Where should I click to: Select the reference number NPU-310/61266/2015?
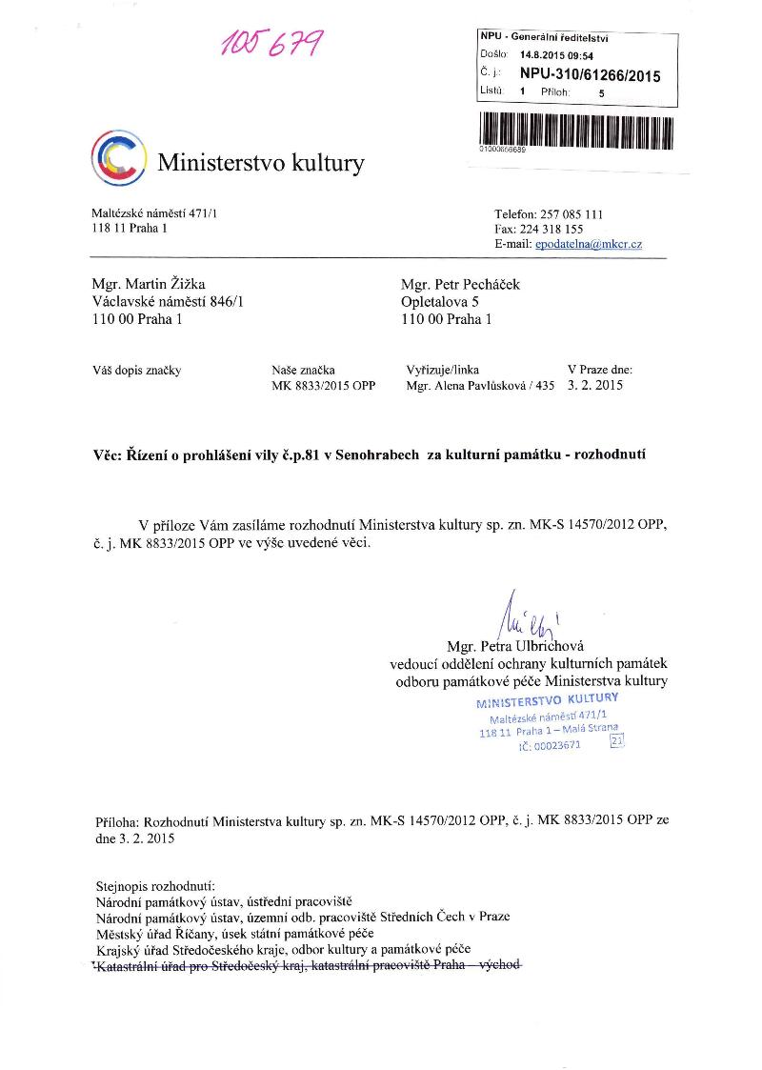(590, 75)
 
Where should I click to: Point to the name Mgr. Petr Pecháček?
(461, 284)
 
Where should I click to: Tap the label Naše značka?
(303, 370)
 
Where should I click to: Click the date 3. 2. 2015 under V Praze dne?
(594, 387)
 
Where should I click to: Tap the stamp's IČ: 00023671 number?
(549, 746)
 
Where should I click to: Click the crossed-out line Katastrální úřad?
(308, 965)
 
